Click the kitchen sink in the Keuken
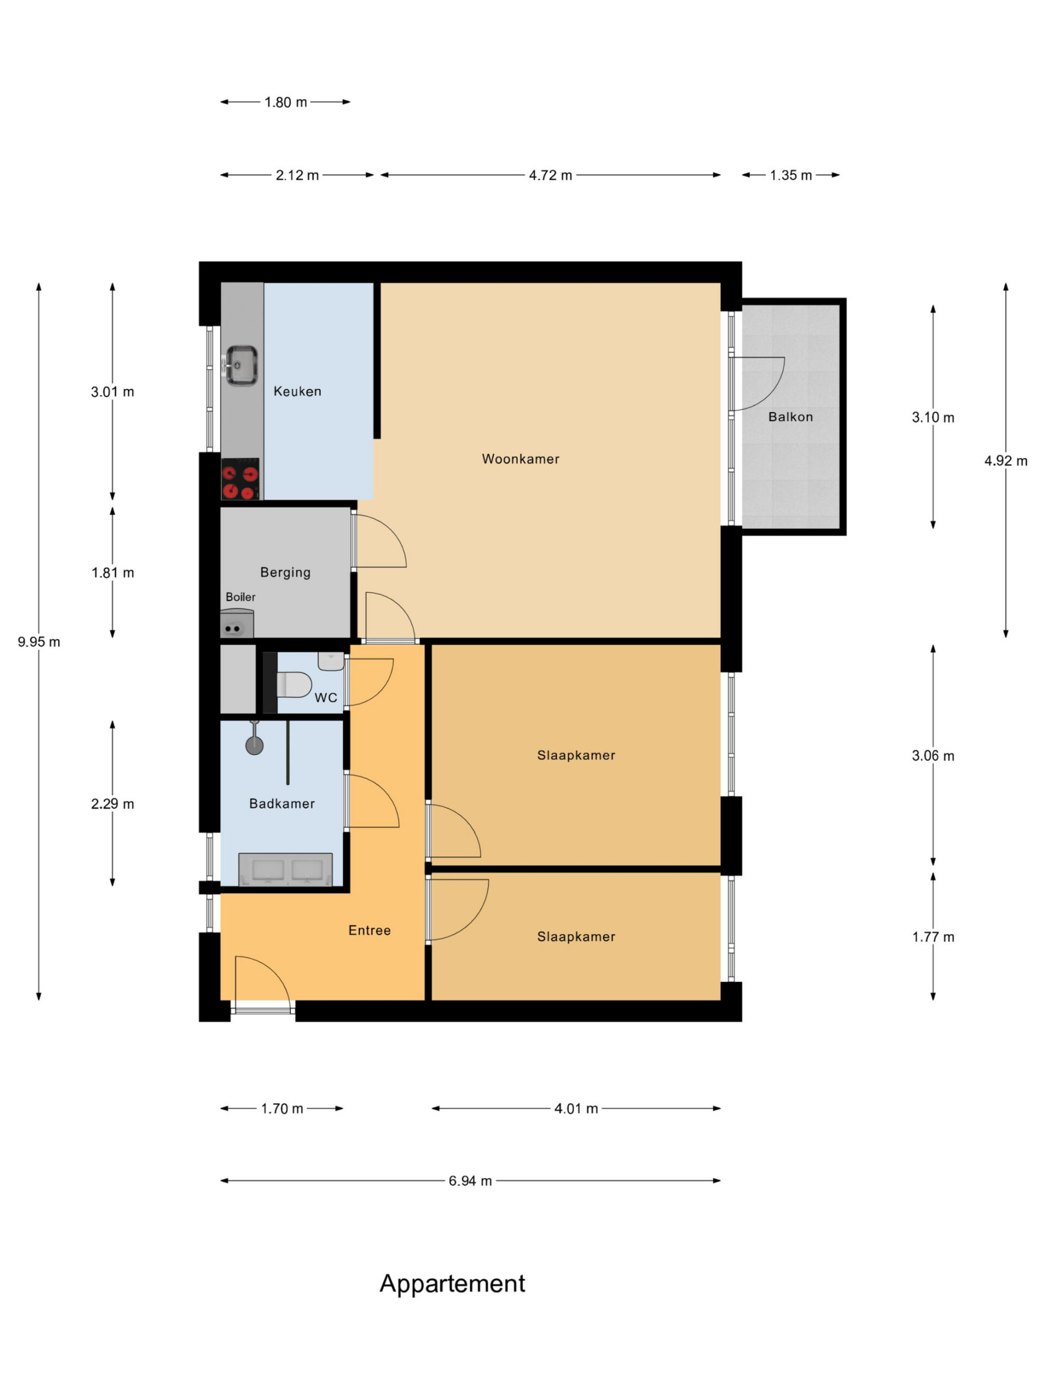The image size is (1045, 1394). (241, 365)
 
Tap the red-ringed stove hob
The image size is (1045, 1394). (241, 478)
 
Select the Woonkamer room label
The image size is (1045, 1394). (520, 459)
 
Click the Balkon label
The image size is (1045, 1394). (790, 417)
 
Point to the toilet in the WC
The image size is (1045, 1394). (293, 684)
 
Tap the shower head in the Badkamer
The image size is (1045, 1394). (255, 742)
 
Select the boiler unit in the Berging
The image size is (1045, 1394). (237, 623)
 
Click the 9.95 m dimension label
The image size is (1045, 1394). (39, 641)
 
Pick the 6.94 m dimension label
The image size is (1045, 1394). (470, 1181)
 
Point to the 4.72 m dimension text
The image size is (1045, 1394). (551, 175)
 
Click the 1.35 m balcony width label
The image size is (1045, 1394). (790, 175)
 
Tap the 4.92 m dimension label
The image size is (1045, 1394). (1006, 461)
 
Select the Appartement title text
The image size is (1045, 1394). (452, 1283)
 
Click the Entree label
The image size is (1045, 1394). (370, 930)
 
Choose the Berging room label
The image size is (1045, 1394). (285, 572)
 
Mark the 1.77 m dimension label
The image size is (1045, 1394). (933, 937)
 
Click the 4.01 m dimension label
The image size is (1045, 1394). (576, 1109)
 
